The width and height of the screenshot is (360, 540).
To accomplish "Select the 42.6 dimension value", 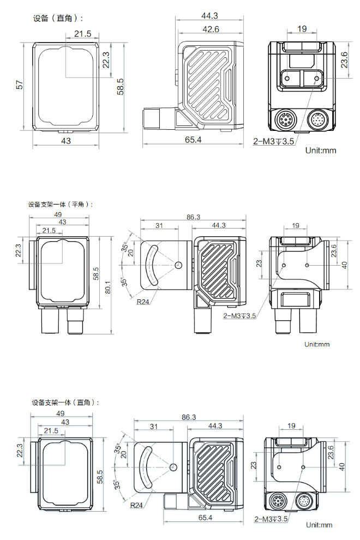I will click(210, 29).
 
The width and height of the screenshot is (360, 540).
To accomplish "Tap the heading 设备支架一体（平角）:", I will click(61, 205).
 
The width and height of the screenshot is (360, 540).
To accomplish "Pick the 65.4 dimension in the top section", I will click(193, 140).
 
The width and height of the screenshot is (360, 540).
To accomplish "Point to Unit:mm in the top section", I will click(321, 150).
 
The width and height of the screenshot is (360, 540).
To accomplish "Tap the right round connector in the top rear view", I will click(319, 119).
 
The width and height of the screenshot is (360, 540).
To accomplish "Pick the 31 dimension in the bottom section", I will click(154, 426).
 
